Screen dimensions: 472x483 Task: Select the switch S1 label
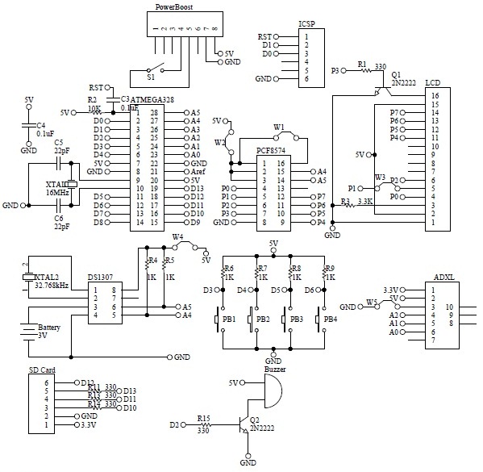151,78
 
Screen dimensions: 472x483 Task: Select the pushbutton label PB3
298,320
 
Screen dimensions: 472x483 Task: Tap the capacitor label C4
40,125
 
